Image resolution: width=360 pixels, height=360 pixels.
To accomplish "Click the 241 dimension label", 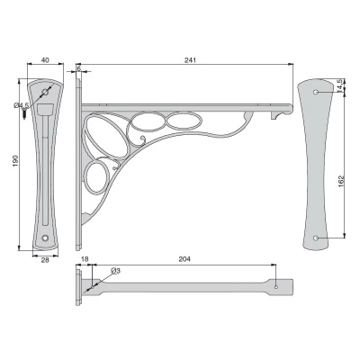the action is coord(190,60).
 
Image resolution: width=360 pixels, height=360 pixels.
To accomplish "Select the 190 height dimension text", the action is coord(16,161).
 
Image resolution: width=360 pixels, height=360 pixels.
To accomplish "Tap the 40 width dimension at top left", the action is coord(45,60).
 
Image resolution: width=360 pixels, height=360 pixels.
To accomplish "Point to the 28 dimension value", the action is coord(45,260).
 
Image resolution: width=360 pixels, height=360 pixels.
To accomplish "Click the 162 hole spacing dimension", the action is coord(341,182).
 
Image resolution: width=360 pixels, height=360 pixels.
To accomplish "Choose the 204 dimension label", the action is coord(184,259).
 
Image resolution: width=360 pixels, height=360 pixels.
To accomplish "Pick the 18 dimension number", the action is coord(85,259).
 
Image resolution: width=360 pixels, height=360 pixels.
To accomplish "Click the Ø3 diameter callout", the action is coord(115,271).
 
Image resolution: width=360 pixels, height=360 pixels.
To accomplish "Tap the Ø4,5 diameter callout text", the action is coord(21,105).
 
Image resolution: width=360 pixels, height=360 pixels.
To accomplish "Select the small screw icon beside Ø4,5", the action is coord(24,114).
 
